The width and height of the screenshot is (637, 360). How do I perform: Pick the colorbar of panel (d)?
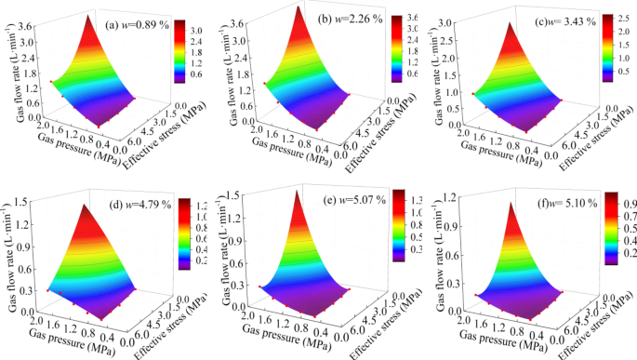184,233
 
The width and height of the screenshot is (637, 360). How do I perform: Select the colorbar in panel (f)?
612,229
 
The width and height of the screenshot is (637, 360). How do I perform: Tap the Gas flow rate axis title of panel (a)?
8,74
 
